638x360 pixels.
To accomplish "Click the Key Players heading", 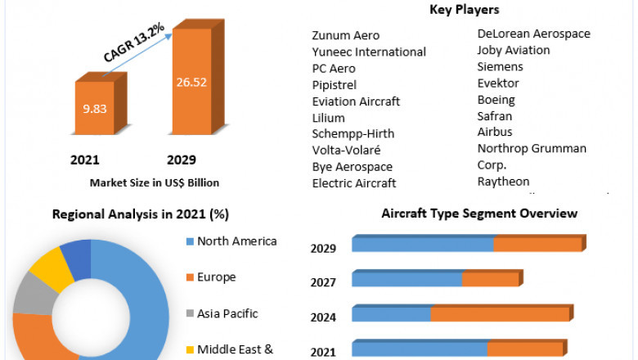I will pos(464,10).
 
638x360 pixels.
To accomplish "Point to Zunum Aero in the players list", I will pos(346,35).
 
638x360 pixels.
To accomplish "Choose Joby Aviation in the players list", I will pos(514,50).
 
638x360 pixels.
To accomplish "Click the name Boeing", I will pos(496,99).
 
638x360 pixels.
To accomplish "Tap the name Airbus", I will pos(495,132).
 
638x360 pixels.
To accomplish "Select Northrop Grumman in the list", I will pos(532,148).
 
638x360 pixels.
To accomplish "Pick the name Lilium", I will pos(329,117).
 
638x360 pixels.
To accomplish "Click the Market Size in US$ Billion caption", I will pos(155,182).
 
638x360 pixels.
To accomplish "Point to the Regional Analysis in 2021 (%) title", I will pos(141,214).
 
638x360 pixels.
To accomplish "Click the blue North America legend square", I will pos(190,241).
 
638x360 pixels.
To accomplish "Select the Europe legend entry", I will pos(216,277).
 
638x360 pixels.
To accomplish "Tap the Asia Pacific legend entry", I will pos(227,313).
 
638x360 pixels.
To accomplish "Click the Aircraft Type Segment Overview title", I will pos(479,214).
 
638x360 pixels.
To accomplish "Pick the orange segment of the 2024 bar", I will pos(500,314).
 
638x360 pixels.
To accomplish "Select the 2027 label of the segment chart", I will pos(322,283).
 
